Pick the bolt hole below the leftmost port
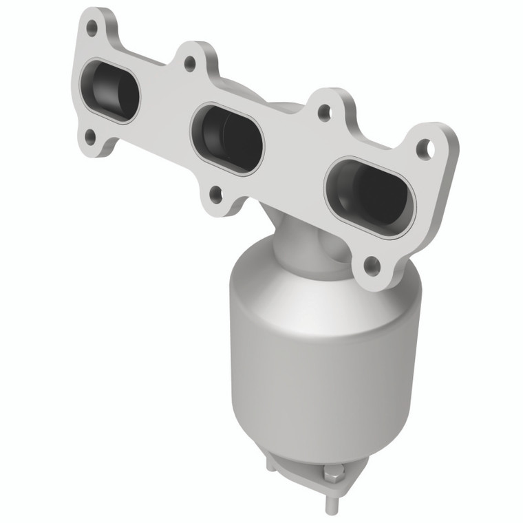tap(90, 136)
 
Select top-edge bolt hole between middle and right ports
tap(323, 114)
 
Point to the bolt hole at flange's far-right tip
tap(426, 147)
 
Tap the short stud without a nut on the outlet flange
tap(271, 465)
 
